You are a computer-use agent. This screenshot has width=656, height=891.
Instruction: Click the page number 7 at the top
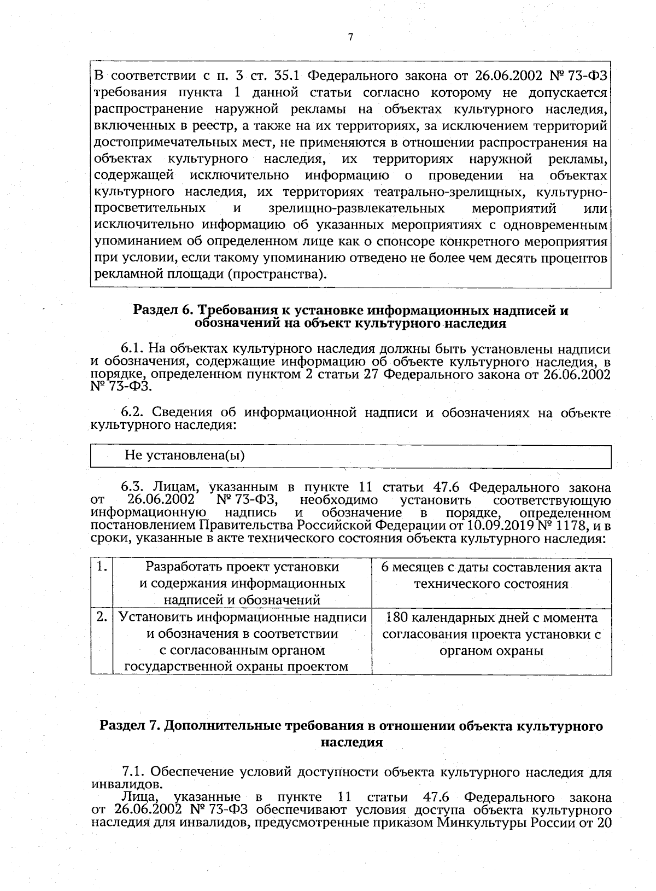click(x=350, y=37)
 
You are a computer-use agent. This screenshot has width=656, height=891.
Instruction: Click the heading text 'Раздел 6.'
click(x=165, y=311)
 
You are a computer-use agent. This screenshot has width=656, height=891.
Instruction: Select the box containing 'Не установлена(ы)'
click(x=350, y=456)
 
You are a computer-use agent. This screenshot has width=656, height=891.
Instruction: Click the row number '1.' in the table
click(x=101, y=567)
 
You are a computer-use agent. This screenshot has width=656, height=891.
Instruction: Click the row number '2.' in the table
click(x=101, y=617)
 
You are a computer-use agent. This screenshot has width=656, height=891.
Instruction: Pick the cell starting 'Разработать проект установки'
click(x=242, y=583)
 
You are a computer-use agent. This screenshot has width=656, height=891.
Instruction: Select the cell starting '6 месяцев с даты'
click(x=491, y=575)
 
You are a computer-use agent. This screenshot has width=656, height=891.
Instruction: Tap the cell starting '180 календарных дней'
click(x=491, y=634)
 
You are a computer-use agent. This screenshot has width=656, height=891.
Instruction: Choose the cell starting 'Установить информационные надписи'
click(x=242, y=642)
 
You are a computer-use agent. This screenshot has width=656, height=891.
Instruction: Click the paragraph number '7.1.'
click(x=133, y=772)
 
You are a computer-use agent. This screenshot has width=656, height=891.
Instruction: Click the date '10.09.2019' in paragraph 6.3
click(x=499, y=526)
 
